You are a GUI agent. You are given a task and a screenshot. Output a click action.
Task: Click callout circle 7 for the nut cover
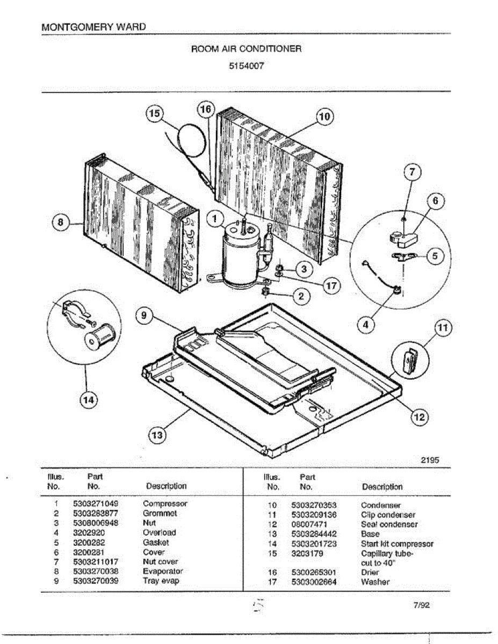[x=412, y=173]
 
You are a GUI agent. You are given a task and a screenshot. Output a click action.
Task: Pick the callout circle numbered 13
[x=156, y=435]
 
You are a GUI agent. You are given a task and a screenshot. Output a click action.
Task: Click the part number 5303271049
[x=96, y=504]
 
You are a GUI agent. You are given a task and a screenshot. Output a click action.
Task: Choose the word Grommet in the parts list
[x=160, y=514]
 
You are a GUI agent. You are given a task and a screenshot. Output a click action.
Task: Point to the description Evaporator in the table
[x=163, y=572]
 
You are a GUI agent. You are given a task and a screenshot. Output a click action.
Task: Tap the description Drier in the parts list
[x=370, y=573]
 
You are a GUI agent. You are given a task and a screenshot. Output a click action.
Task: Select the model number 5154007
[x=247, y=68]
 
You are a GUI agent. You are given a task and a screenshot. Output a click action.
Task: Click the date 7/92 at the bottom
[x=422, y=605]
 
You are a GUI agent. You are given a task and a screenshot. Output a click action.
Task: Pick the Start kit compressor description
[x=397, y=544]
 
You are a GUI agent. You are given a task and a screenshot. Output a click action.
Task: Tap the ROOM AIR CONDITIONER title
[x=247, y=49]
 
